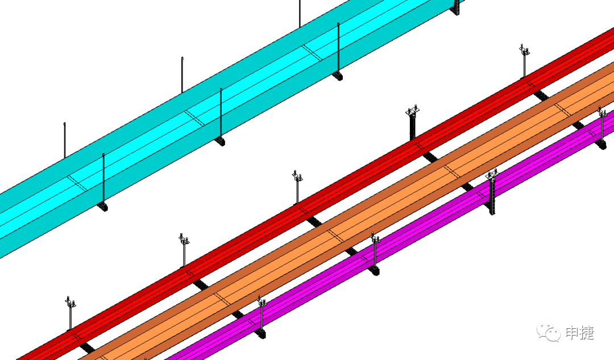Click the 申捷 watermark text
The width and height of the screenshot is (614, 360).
click(x=580, y=333)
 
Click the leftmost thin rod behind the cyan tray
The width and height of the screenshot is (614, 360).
click(x=64, y=140)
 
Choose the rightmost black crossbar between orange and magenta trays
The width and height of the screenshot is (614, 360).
click(x=578, y=125)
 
